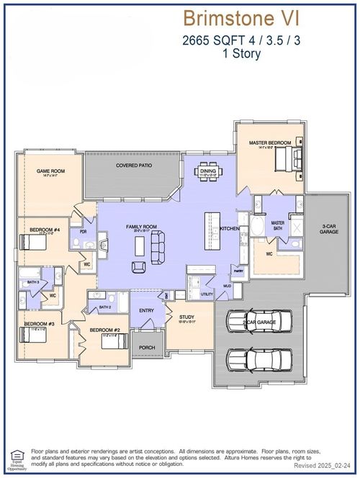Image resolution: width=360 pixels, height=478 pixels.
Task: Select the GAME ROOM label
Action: (x=51, y=171)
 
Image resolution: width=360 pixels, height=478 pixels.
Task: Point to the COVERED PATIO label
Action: (x=133, y=165)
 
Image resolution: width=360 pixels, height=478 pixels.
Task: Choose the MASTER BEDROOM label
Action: (x=270, y=143)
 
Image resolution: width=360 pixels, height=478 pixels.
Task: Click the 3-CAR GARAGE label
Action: (x=329, y=229)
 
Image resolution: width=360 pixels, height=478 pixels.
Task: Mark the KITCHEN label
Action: (x=230, y=228)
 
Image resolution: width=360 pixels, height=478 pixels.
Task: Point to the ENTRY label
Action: (x=147, y=310)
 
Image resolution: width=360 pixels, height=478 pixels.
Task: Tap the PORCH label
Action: (x=147, y=347)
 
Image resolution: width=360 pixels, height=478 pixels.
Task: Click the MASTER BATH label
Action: (x=278, y=225)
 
